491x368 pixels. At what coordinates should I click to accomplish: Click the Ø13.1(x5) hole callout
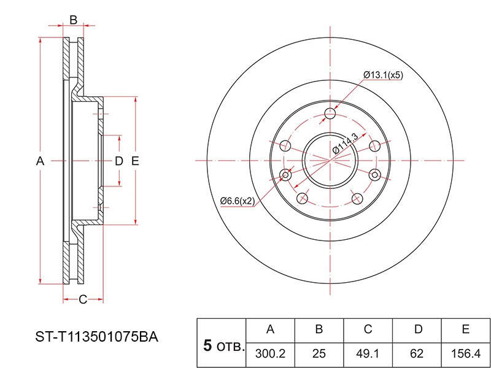(382, 75)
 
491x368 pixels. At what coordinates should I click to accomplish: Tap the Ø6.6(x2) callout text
(238, 201)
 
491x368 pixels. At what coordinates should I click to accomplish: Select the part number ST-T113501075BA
(97, 337)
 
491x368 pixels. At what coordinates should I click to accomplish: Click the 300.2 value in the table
(270, 353)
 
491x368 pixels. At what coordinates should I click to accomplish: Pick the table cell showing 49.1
(368, 353)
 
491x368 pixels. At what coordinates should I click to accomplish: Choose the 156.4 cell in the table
(466, 353)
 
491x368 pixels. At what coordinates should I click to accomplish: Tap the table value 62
(417, 353)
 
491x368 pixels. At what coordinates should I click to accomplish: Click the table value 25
(319, 353)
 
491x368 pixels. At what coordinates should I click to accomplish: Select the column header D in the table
(418, 329)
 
